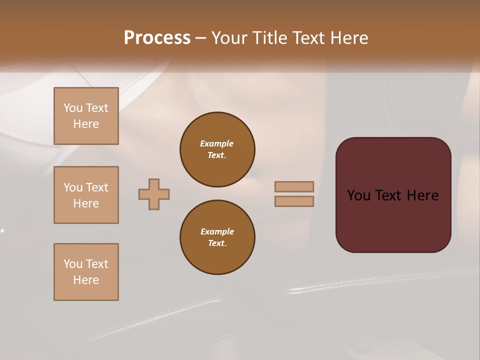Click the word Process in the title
tap(157, 38)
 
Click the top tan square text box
tap(86, 116)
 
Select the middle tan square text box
tap(86, 195)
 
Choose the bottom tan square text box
tap(86, 272)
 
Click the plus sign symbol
tap(154, 194)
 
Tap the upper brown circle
tap(217, 149)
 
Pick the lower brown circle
tap(217, 237)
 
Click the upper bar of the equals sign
tap(294, 186)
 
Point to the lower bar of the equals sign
tap(294, 201)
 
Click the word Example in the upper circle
tap(217, 144)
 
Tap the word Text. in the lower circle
tap(217, 243)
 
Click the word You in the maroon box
tap(358, 195)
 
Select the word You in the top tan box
tap(72, 108)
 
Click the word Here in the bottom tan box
tap(86, 280)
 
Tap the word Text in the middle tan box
tap(97, 187)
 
